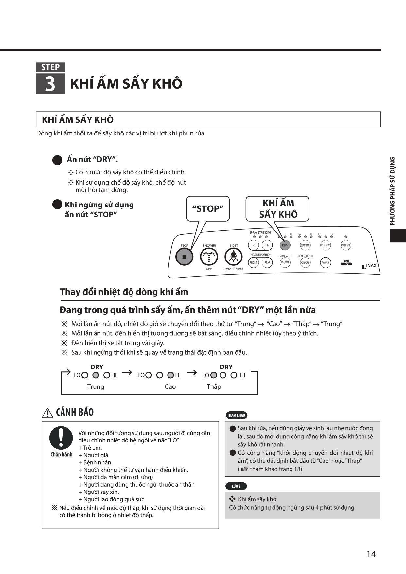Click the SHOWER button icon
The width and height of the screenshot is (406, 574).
pyautogui.click(x=209, y=257)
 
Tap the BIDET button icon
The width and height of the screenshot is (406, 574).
pyautogui.click(x=233, y=257)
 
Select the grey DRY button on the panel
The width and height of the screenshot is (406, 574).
pyautogui.click(x=285, y=245)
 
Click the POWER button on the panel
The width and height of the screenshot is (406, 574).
pyautogui.click(x=325, y=263)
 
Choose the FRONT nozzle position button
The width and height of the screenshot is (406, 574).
pyautogui.click(x=254, y=263)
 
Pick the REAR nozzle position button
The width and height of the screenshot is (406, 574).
pyautogui.click(x=267, y=263)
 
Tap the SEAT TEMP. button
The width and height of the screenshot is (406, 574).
pyautogui.click(x=305, y=245)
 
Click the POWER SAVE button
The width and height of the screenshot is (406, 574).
pyautogui.click(x=345, y=245)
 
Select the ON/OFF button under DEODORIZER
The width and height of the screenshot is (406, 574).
pyautogui.click(x=305, y=263)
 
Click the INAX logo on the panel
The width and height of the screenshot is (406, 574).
pyautogui.click(x=369, y=266)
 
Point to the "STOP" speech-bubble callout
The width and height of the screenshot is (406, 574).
pyautogui.click(x=208, y=208)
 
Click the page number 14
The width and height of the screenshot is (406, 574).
pyautogui.click(x=371, y=554)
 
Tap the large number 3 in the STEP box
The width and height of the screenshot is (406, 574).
pyautogui.click(x=50, y=84)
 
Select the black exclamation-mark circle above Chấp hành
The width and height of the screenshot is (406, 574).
pyautogui.click(x=61, y=438)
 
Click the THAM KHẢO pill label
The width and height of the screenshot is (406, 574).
pyautogui.click(x=236, y=415)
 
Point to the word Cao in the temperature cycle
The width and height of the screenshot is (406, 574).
pyautogui.click(x=170, y=386)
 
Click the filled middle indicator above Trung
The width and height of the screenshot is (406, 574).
pyautogui.click(x=96, y=375)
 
